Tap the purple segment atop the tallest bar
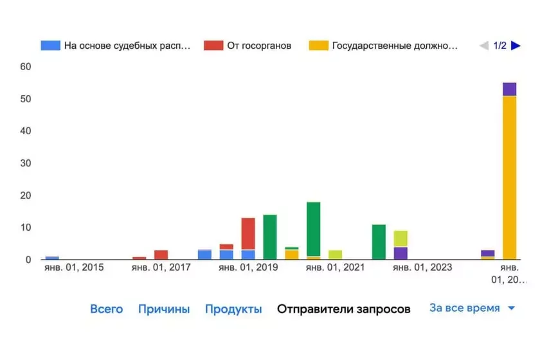510,89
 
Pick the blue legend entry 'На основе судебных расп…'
116,46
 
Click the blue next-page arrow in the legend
516,46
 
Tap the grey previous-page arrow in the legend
484,46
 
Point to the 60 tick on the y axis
26,67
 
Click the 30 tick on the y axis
26,163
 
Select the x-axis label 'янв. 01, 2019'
248,267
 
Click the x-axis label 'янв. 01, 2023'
422,267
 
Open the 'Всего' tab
106,309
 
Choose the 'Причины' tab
164,309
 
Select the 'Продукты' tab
233,309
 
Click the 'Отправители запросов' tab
343,309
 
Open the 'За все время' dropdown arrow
512,309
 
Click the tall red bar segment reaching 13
248,233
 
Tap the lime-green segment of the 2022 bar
401,239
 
